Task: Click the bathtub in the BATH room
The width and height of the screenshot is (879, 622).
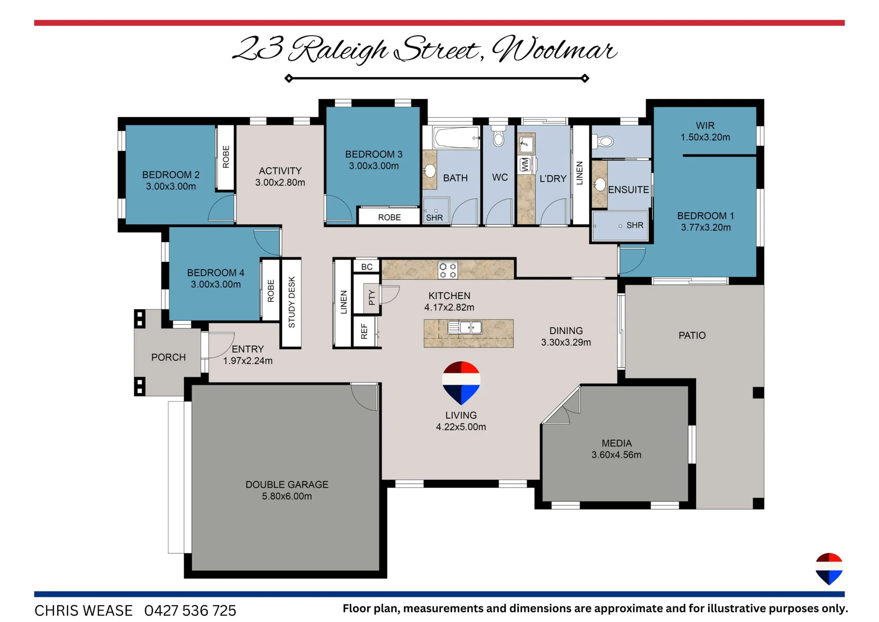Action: coord(457,138)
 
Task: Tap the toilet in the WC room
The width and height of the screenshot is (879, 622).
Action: coord(498,137)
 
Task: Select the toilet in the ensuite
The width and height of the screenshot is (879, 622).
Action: coord(603,141)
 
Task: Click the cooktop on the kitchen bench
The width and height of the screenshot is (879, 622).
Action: coord(447,271)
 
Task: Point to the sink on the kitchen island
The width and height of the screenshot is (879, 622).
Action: coord(465,328)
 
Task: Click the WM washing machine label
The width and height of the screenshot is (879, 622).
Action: coord(524,165)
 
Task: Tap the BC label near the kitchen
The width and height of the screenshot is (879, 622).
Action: coord(367,267)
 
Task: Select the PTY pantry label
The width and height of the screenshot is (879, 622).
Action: coord(372,297)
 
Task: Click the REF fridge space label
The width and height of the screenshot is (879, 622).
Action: coord(364,331)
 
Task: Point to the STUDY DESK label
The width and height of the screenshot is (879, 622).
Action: coord(291,302)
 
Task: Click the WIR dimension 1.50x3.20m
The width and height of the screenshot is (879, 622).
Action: coord(705,137)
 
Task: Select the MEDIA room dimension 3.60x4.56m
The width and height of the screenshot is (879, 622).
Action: coord(617,455)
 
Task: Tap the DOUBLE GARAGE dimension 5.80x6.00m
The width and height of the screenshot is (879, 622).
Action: coord(287,496)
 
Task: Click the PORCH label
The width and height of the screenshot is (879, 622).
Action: coord(168,357)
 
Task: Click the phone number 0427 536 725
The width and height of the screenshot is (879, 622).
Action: coord(190,611)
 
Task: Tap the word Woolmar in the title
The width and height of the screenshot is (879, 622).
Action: coord(554,49)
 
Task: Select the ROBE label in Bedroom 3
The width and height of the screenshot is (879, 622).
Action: coord(389,217)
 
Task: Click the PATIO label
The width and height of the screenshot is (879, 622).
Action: coord(692,335)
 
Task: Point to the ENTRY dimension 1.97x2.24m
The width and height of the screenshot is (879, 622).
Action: coord(248,361)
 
